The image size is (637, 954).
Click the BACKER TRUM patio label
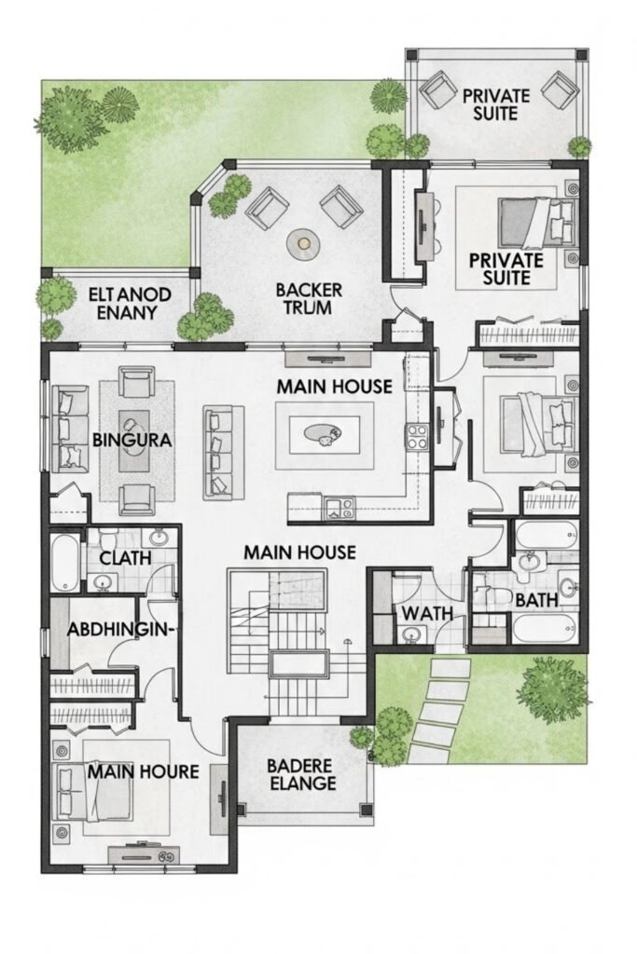coord(308,298)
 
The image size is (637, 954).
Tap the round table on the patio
coord(303,243)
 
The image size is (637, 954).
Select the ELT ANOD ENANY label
coord(129,304)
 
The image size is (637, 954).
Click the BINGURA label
coord(132,440)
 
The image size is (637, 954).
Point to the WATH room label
coord(426,613)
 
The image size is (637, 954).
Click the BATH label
coord(536,600)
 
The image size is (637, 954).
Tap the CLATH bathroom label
coord(125,557)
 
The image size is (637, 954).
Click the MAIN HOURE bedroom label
coord(144,771)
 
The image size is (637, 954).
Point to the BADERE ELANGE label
coord(302,774)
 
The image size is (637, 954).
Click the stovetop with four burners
coord(417,437)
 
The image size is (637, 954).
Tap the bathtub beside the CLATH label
coord(63,562)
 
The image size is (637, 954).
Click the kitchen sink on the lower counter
coord(339,509)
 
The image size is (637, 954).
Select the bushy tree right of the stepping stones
coord(552,683)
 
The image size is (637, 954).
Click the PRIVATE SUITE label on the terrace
coord(496,104)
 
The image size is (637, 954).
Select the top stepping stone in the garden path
coord(450,668)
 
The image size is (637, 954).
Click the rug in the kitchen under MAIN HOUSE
coord(325,435)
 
